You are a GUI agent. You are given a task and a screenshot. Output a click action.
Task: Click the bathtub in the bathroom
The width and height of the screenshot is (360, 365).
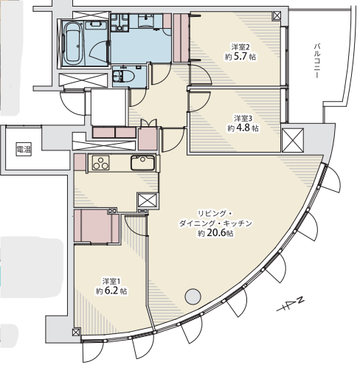(73, 44)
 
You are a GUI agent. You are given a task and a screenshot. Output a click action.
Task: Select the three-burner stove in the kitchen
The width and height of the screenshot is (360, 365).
(101, 163)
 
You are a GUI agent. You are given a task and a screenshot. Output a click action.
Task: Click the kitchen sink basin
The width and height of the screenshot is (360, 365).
(142, 162)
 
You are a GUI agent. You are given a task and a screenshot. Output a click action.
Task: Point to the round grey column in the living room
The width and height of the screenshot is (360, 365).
(193, 296)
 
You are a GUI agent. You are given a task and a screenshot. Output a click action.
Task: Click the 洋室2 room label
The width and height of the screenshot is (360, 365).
(238, 46)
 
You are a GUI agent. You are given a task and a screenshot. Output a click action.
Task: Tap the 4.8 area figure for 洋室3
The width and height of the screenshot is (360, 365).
(243, 128)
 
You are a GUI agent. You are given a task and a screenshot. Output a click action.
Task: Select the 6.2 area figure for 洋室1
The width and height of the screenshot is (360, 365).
(111, 291)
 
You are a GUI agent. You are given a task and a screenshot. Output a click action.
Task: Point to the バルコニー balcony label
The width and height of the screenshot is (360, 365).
(317, 61)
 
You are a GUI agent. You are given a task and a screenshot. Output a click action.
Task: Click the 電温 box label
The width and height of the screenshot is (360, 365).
(24, 149)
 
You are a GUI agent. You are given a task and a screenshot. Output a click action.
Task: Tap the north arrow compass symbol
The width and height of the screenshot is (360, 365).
(291, 305)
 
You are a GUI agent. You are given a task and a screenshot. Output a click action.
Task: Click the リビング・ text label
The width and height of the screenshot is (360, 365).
(214, 213)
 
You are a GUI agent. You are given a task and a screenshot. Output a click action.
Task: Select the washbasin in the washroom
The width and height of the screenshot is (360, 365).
(146, 21)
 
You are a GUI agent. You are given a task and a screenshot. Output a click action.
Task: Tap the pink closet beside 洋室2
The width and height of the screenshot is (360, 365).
(181, 38)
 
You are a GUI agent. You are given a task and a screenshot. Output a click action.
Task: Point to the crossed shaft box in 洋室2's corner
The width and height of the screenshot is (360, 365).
(277, 16)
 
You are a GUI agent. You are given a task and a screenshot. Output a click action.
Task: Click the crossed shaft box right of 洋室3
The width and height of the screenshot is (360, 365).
(293, 140)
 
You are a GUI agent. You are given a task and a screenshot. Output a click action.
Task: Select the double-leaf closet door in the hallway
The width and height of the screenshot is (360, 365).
(148, 123)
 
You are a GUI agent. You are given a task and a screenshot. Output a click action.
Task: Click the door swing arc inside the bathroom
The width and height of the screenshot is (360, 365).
(98, 50)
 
